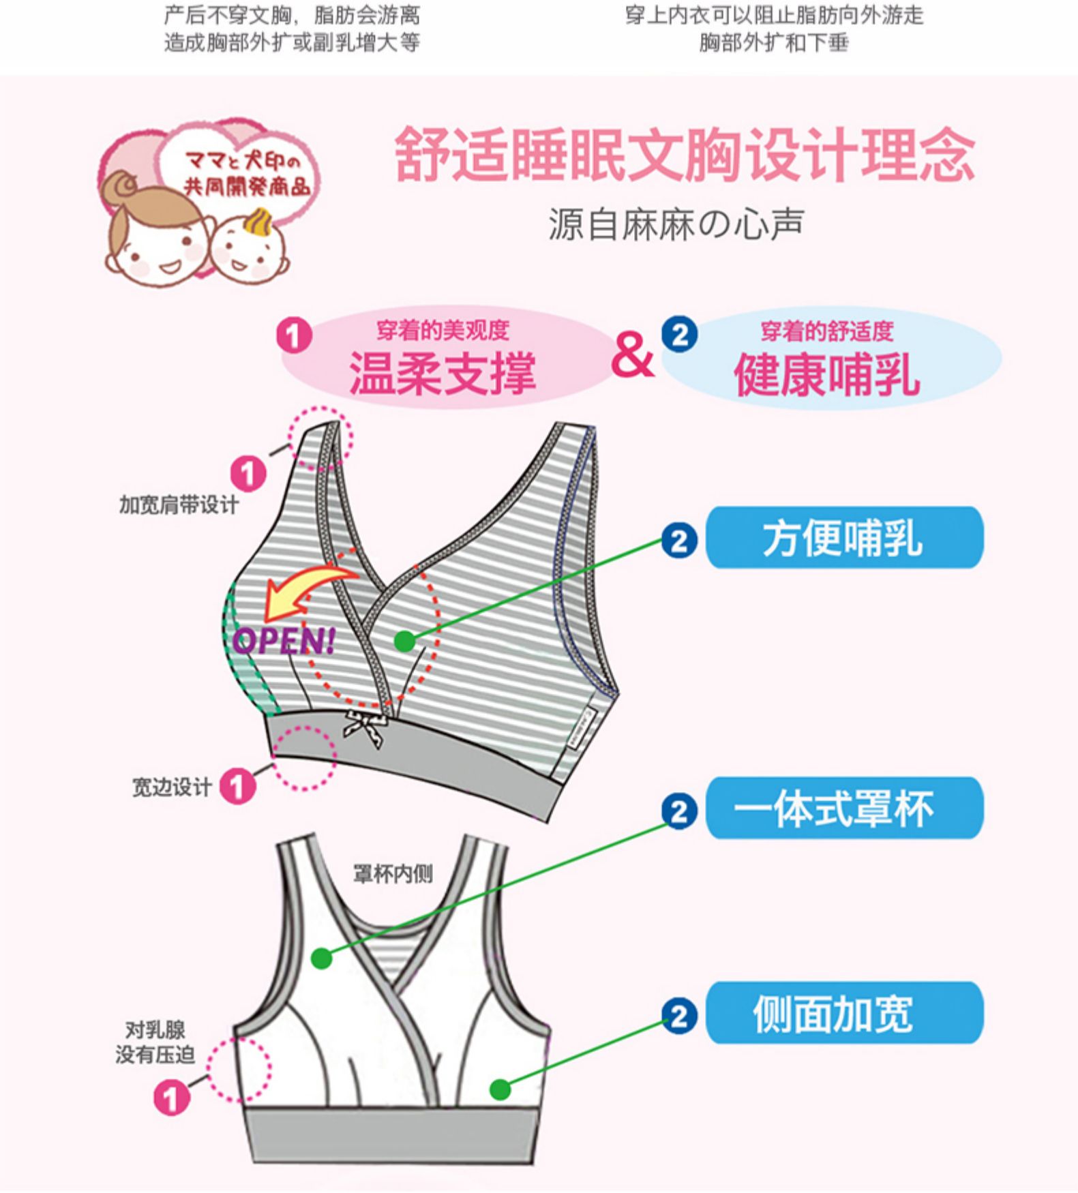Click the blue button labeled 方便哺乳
tap(844, 538)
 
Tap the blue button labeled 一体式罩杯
tap(844, 809)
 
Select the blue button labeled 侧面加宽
tap(844, 1013)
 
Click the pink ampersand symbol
tap(632, 356)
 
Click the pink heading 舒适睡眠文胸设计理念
tap(684, 155)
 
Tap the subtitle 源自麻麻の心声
tap(676, 224)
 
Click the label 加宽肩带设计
tap(179, 505)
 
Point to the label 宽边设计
tap(171, 787)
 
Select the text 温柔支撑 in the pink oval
tap(443, 374)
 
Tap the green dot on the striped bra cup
tap(404, 641)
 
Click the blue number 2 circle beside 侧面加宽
tap(679, 1016)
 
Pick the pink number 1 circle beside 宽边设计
tap(237, 786)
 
